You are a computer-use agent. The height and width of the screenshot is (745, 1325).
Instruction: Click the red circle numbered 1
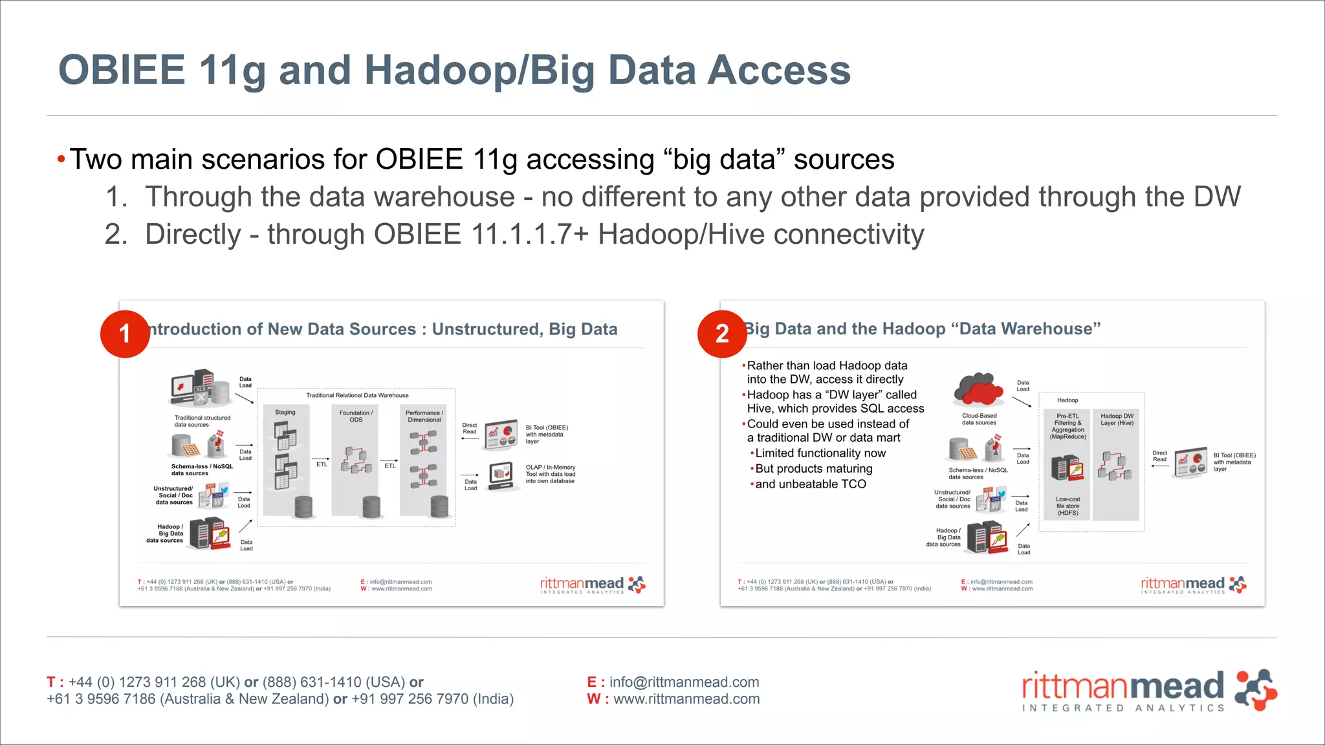(125, 334)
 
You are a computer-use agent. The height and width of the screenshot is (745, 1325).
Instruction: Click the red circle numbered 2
(722, 334)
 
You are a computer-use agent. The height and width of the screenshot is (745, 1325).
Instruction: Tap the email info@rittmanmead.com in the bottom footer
(684, 682)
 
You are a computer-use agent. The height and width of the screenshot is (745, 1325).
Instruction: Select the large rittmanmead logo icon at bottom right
(1255, 690)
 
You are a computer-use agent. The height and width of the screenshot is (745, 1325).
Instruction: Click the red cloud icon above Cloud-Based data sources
(978, 390)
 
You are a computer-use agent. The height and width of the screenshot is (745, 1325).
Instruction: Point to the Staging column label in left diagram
(285, 412)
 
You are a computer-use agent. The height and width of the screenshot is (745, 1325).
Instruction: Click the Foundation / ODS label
(356, 416)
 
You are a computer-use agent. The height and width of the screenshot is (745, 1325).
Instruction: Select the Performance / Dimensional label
(424, 416)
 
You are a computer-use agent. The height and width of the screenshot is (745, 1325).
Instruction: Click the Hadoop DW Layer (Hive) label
(1117, 419)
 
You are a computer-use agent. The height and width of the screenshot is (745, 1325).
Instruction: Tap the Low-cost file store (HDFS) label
(1068, 506)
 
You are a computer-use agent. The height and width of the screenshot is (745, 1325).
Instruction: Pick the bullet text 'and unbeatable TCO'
(810, 484)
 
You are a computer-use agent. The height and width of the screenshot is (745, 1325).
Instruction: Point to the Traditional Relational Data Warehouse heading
(357, 395)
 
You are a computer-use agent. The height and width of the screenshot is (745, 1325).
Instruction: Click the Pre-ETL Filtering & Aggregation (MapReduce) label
(1068, 426)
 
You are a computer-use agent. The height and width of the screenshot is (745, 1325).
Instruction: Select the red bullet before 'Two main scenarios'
(61, 160)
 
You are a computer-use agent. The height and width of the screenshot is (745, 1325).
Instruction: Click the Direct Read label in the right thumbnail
(1159, 456)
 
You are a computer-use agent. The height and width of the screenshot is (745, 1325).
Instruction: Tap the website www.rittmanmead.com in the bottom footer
(686, 699)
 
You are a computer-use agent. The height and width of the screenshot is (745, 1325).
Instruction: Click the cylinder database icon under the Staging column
(303, 507)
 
